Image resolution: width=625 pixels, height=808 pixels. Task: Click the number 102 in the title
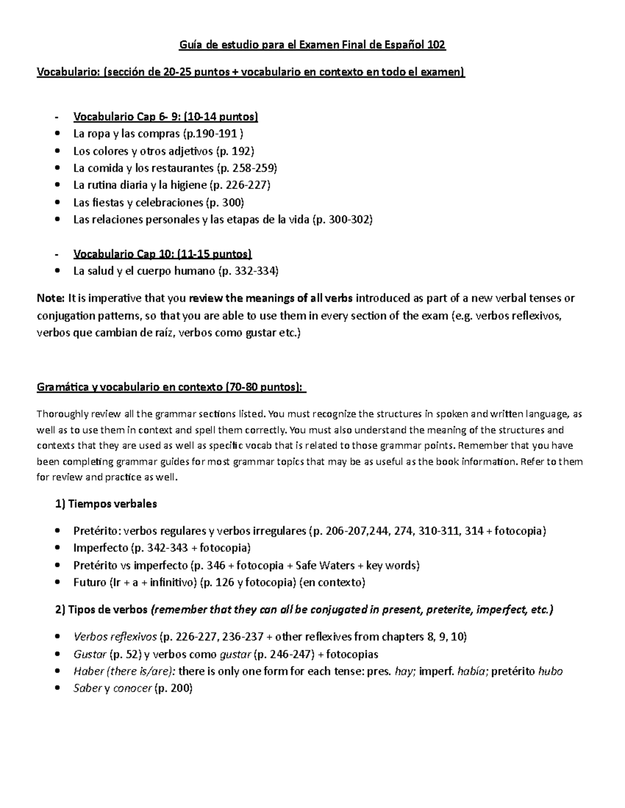pyautogui.click(x=436, y=45)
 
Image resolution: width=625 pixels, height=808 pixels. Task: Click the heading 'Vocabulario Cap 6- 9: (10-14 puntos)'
pyautogui.click(x=166, y=117)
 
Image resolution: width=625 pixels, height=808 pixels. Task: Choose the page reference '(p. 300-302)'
pyautogui.click(x=342, y=220)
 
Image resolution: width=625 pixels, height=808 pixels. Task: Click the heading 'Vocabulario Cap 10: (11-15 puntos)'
pyautogui.click(x=162, y=254)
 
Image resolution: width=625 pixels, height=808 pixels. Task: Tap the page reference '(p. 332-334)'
pyautogui.click(x=248, y=271)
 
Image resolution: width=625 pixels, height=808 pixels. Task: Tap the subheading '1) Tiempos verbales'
pyautogui.click(x=106, y=504)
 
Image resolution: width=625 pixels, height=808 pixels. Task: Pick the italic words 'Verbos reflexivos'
pyautogui.click(x=115, y=637)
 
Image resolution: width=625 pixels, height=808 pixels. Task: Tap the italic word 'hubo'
pyautogui.click(x=550, y=671)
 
